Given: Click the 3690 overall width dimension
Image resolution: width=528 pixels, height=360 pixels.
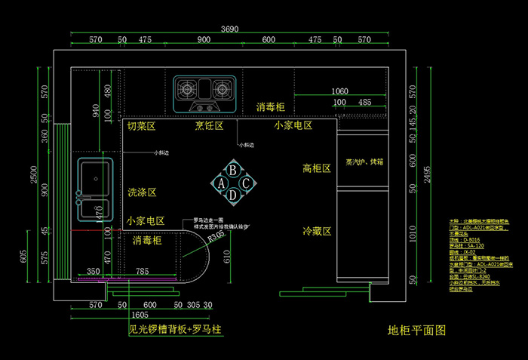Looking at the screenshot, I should point(230,29).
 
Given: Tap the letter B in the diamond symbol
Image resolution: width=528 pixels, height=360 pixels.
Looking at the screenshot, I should point(234,171).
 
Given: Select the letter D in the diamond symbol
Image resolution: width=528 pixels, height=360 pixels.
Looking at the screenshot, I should point(234,195).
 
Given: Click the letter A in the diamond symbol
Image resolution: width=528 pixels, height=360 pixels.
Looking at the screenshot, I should point(222,183).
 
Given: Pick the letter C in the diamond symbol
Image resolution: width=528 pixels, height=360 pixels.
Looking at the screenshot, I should point(246,183).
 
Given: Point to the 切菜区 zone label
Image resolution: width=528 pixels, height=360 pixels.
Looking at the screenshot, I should point(141,126).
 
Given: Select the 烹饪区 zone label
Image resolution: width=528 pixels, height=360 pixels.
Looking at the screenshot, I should point(209,126).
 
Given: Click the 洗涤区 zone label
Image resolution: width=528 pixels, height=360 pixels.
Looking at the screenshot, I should point(142,192).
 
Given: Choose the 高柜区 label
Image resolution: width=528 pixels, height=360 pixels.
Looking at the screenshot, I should point(317,168).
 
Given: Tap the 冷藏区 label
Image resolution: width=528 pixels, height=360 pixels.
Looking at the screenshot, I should point(317,231).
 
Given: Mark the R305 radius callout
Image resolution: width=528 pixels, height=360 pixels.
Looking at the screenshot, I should point(216,235).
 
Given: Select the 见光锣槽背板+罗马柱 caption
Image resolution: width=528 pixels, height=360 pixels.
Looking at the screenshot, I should point(174,330).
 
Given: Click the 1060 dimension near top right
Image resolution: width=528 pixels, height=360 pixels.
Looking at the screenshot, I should point(339,91).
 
